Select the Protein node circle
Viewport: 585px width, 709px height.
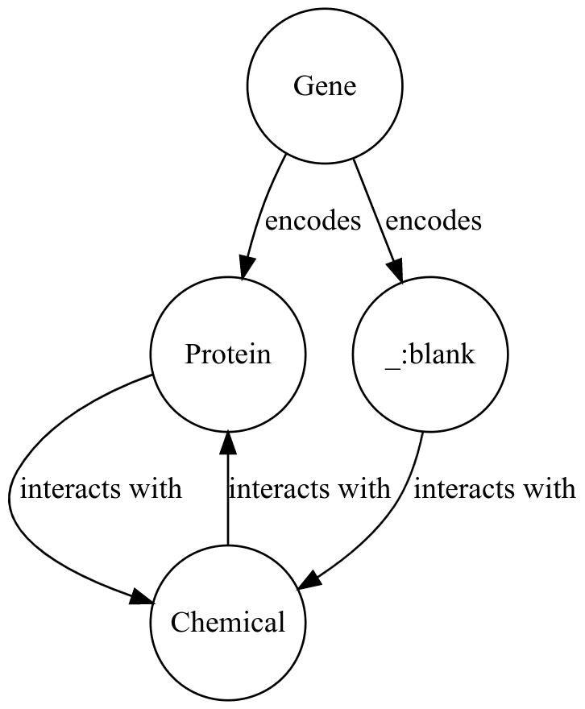tap(228, 354)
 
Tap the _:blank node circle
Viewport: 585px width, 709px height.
tap(430, 354)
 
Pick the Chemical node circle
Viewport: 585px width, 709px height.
tap(228, 622)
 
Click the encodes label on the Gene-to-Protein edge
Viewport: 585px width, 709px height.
tap(312, 221)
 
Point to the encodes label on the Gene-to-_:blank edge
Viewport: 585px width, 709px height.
tap(434, 221)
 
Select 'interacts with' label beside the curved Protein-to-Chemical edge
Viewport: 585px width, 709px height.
tap(101, 488)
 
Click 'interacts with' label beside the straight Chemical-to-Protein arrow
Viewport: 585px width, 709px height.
tap(309, 488)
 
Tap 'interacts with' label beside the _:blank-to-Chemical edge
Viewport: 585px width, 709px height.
tap(494, 488)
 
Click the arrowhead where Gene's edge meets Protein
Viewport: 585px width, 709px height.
tap(247, 269)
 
